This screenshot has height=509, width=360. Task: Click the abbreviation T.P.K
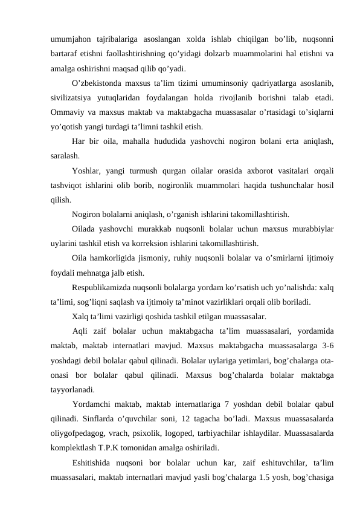click(118, 449)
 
